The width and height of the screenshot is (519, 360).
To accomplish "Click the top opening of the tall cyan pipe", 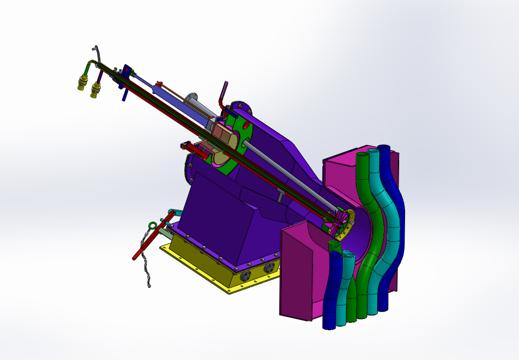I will [373, 151].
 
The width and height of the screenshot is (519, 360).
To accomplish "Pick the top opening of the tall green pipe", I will [362, 155].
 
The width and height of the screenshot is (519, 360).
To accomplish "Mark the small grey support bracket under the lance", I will [280, 196].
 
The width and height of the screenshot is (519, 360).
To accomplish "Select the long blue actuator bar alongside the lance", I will [147, 83].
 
